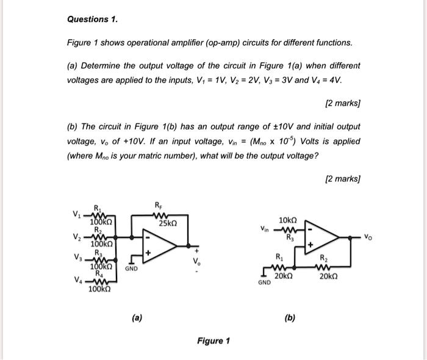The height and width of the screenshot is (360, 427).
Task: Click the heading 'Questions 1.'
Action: (92, 20)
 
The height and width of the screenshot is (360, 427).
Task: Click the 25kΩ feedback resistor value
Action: (167, 224)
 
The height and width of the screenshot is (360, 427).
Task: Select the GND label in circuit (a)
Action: (132, 268)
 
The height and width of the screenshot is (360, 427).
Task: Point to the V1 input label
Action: (76, 214)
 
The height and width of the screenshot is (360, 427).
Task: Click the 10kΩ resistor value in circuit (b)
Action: (287, 220)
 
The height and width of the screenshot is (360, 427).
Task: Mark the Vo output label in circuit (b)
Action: (366, 234)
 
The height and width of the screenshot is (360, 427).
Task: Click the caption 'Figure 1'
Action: (213, 340)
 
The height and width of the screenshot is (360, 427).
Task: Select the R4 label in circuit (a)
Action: (97, 274)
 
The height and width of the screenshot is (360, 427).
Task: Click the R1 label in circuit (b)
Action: (279, 257)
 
